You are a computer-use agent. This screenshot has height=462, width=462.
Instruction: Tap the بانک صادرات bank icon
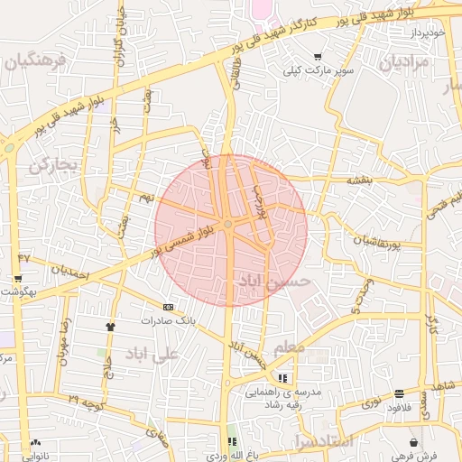(x=168, y=308)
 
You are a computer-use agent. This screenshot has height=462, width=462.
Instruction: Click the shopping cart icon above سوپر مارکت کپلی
(x=318, y=57)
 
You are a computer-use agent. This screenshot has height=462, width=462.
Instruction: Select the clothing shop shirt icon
(x=111, y=327)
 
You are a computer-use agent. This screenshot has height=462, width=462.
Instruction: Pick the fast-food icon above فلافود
(x=399, y=393)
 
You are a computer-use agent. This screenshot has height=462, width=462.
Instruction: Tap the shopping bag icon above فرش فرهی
(x=414, y=442)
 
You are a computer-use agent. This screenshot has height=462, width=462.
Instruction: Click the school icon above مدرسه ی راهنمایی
(x=282, y=378)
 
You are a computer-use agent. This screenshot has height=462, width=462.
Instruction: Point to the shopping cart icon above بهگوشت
(x=18, y=278)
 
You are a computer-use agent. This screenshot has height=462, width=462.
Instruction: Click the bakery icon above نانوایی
(x=36, y=442)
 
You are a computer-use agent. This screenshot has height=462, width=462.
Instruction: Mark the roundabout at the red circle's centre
(x=229, y=224)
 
